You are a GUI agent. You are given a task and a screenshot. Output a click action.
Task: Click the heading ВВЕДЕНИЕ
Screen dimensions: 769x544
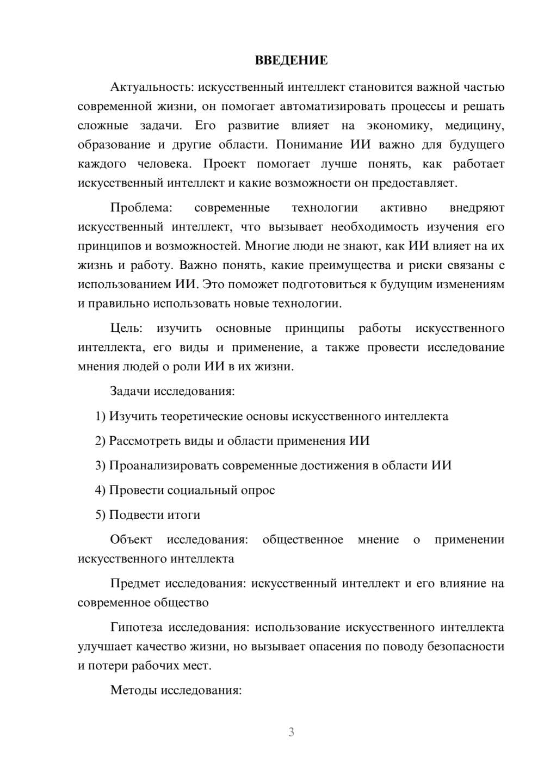(292, 60)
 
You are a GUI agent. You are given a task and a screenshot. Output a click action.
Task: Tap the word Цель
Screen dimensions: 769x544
(126, 328)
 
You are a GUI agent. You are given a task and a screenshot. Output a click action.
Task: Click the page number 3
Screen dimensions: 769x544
(292, 732)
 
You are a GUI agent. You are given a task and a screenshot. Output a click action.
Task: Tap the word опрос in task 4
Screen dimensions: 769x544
(258, 490)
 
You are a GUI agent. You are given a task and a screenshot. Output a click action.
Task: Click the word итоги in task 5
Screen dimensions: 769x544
(183, 514)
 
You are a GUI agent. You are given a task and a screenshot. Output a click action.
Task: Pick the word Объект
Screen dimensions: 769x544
(131, 539)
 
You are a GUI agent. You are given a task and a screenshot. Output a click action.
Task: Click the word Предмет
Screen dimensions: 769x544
(135, 584)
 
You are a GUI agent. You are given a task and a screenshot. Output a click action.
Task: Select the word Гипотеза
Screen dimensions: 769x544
(136, 628)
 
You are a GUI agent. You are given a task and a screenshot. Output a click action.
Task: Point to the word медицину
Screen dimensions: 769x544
(474, 126)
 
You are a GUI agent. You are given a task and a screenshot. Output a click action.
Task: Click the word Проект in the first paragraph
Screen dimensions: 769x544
(225, 164)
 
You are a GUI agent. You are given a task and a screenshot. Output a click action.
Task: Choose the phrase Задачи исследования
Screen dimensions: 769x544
(172, 392)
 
